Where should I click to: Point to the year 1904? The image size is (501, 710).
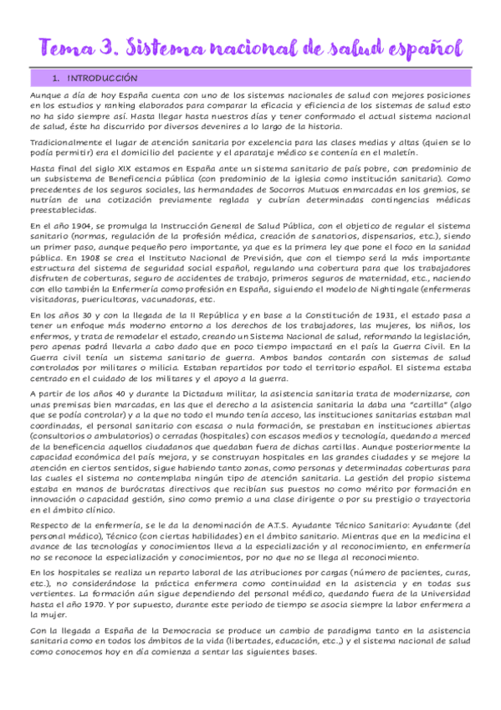tap(78, 227)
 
